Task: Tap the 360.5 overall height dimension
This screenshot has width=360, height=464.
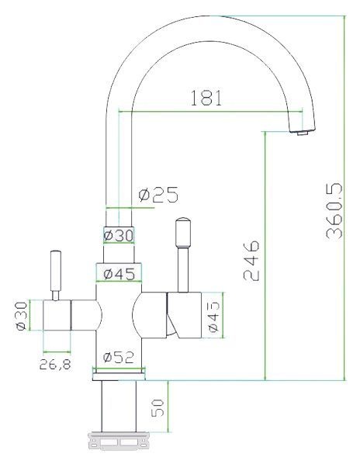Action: coord(334,209)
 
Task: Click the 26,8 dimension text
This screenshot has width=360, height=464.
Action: coord(56,364)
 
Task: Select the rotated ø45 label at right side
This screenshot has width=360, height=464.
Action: coord(215,318)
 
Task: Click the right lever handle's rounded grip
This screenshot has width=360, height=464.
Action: coord(183,232)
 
